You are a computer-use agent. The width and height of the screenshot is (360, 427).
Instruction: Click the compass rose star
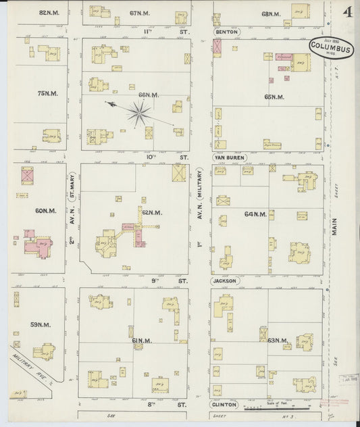[138, 114]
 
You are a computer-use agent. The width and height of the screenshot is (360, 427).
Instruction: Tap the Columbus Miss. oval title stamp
[330, 49]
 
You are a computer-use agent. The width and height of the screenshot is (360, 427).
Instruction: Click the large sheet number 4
[346, 12]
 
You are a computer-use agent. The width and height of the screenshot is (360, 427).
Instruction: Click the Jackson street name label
[225, 280]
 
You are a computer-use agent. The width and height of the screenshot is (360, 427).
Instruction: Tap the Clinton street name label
[225, 405]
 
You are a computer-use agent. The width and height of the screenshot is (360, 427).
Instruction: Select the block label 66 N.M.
[148, 95]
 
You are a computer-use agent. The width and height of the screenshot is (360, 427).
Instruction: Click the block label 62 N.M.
[150, 212]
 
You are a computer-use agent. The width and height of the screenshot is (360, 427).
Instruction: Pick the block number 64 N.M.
[255, 214]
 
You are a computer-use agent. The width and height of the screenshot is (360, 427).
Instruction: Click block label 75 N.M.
[47, 93]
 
